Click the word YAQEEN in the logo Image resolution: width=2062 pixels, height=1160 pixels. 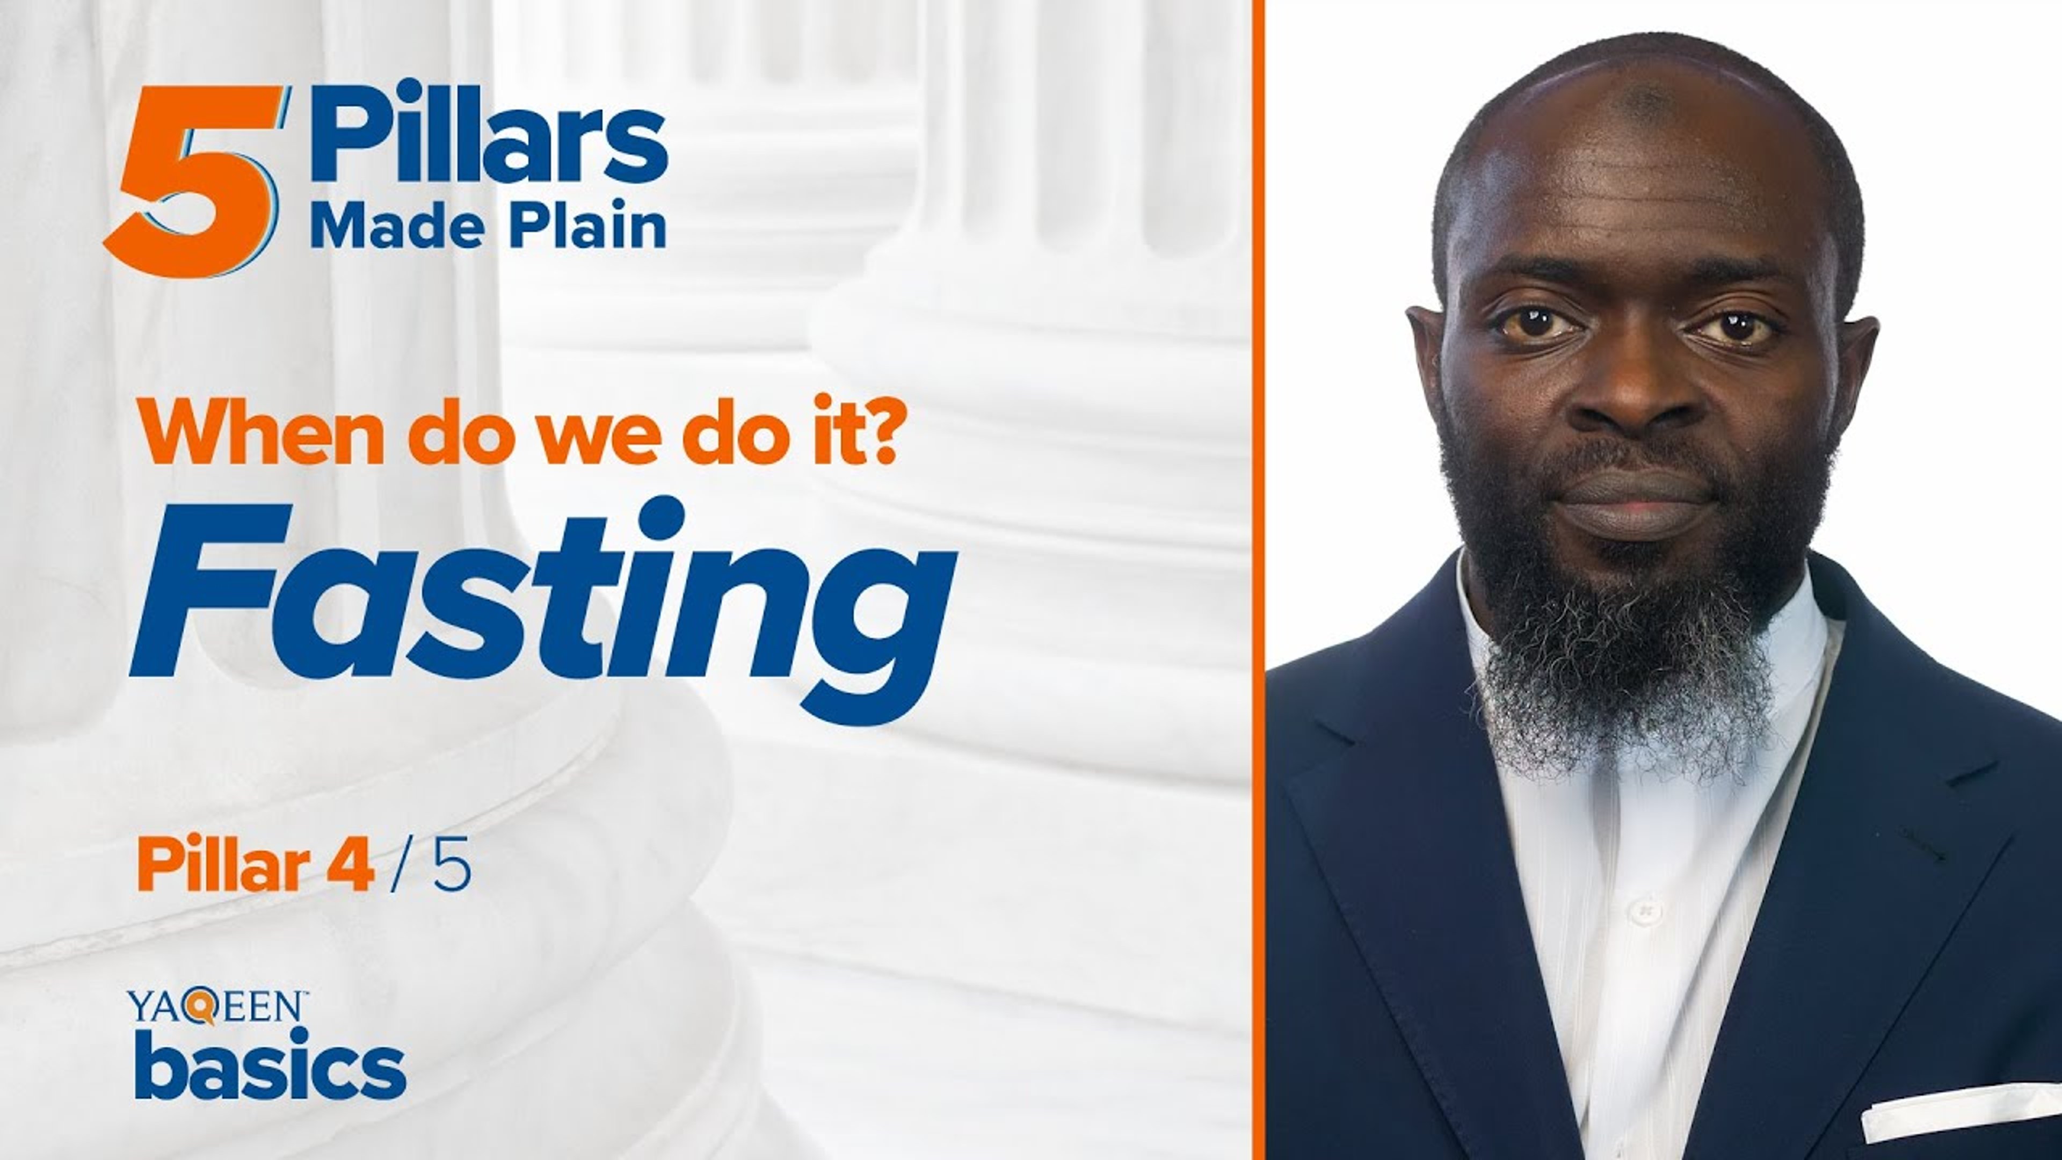click(216, 1007)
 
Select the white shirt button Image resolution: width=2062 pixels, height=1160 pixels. click(1645, 911)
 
